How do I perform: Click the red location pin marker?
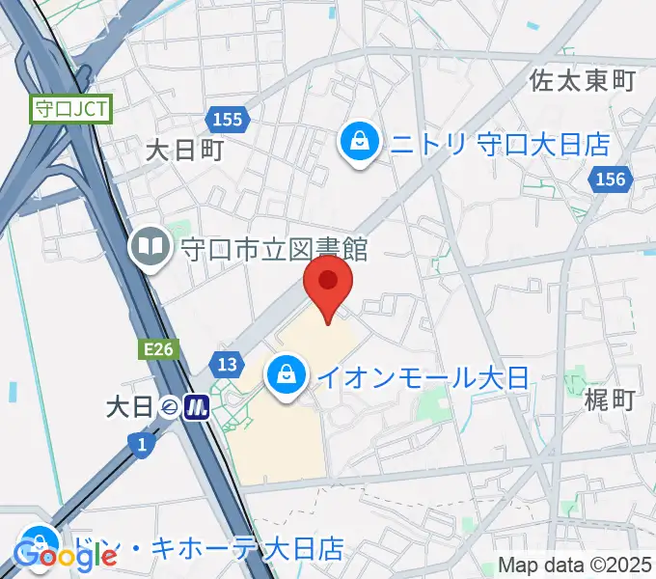pyautogui.click(x=329, y=285)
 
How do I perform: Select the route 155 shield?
pyautogui.click(x=229, y=120)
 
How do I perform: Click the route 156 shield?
pyautogui.click(x=611, y=179)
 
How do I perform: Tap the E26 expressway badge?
pyautogui.click(x=160, y=350)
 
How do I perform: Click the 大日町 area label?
pyautogui.click(x=185, y=150)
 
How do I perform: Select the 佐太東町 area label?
pyautogui.click(x=583, y=81)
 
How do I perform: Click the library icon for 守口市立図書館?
pyautogui.click(x=151, y=247)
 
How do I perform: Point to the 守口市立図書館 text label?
pyautogui.click(x=274, y=248)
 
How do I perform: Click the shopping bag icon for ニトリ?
pyautogui.click(x=360, y=143)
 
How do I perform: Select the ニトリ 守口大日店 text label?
pyautogui.click(x=500, y=145)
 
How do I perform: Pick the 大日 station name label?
pyautogui.click(x=129, y=407)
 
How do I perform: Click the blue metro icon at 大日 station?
pyautogui.click(x=200, y=407)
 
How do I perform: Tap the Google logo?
pyautogui.click(x=65, y=555)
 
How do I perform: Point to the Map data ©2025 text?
pyautogui.click(x=574, y=567)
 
